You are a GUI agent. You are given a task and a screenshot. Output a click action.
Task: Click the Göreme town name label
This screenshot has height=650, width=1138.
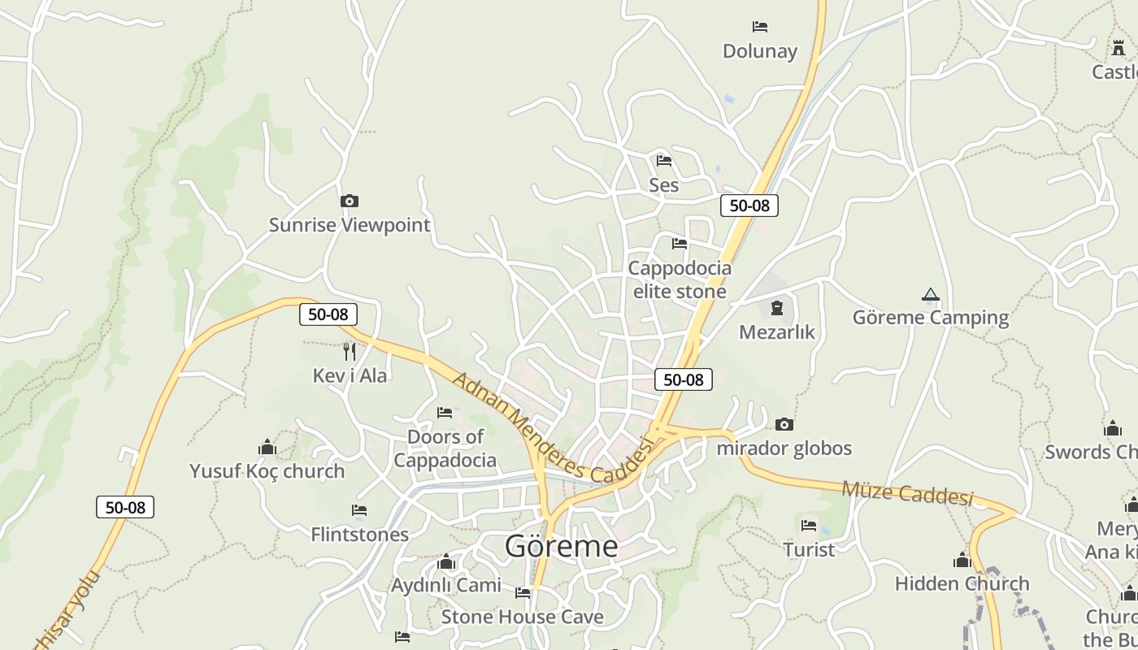pos(561,546)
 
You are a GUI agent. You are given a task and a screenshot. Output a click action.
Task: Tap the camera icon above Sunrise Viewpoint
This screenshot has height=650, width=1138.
pos(350,201)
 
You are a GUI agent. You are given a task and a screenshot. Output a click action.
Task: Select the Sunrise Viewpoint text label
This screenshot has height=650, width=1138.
pos(350,225)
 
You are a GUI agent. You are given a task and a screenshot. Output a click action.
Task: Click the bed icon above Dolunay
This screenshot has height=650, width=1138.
pos(760,27)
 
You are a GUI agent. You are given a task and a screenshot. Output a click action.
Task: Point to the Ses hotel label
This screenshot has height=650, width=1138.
pos(663,185)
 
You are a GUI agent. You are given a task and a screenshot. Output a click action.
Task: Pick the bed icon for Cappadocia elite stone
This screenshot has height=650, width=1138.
pos(680,244)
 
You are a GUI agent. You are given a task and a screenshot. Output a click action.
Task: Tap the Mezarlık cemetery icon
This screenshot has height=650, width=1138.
pos(777,308)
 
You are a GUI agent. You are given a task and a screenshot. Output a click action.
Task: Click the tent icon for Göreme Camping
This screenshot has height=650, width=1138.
pos(931,295)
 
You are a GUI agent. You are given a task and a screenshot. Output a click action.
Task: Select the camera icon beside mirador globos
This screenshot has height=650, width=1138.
pos(784,424)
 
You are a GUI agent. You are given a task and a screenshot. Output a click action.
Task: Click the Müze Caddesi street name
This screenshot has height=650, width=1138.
pos(907,492)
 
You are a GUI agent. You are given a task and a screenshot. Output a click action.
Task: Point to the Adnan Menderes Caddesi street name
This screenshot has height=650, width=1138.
pos(553,428)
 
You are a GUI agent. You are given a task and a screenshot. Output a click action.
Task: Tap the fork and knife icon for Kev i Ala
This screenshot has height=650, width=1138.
pos(350,351)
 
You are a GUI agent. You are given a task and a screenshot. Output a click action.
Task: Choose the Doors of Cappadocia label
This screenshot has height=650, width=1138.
pos(445,448)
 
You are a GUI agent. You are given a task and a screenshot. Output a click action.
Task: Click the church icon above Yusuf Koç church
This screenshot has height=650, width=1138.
pos(267,447)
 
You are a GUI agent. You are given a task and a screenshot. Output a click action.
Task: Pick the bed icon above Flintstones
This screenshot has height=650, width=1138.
pos(359,510)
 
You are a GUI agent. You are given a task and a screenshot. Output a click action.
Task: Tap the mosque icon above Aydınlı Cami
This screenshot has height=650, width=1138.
pos(446,562)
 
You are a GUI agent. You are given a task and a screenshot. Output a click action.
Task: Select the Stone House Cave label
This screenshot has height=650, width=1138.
pos(522,617)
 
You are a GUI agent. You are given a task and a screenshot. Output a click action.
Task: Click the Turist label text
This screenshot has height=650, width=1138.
pos(809,550)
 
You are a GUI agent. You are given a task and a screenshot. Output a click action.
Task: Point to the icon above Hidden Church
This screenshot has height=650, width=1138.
pos(962,560)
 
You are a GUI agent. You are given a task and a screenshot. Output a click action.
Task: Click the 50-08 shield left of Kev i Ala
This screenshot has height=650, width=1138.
pos(328,314)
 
